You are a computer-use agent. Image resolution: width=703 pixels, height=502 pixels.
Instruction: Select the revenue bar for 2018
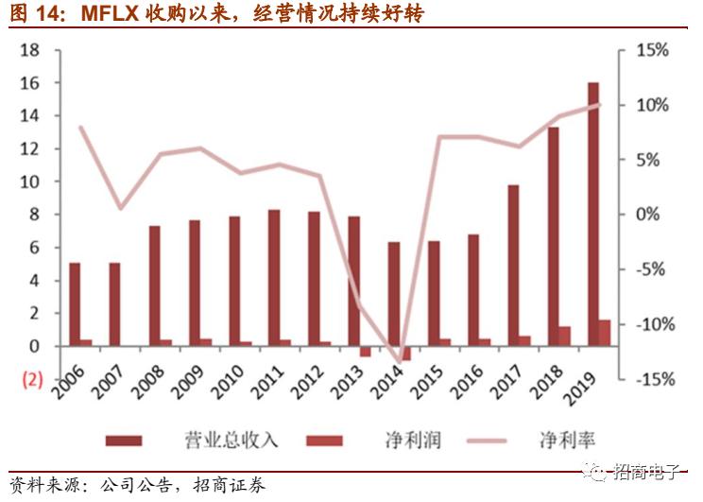coord(554,236)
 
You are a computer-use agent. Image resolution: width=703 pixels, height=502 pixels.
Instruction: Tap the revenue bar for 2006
coord(75,304)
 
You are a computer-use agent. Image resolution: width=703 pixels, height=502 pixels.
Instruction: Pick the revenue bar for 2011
coord(274,278)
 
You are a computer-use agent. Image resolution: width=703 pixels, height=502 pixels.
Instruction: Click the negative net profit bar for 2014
coord(405,354)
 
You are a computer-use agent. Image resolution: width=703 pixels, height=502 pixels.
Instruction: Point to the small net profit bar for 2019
coord(605,333)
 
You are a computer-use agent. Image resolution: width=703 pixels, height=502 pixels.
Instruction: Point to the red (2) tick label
coord(31,379)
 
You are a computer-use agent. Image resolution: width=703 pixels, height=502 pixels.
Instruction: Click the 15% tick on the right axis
coord(652,50)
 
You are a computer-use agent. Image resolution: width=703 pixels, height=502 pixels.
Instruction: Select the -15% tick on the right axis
coord(650,379)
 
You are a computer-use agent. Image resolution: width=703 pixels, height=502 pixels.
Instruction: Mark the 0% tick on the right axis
coord(652,215)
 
